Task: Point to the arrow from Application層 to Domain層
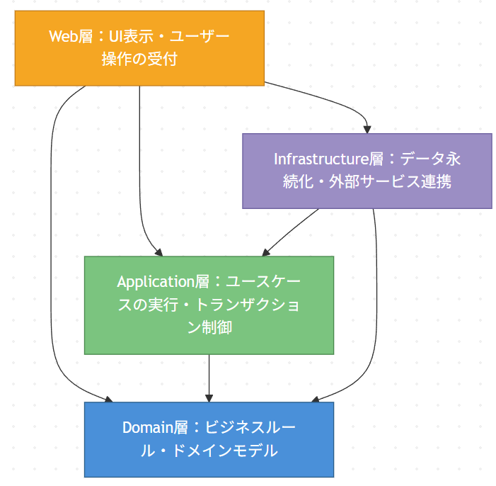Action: (209, 375)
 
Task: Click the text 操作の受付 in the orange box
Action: (139, 60)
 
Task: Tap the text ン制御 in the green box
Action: (209, 328)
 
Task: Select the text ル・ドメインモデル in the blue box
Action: (209, 451)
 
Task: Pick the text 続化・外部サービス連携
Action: (367, 181)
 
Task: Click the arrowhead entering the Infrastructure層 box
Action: (367, 129)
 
